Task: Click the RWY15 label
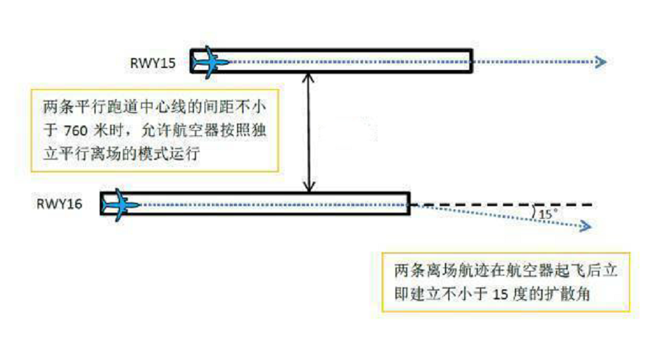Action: pyautogui.click(x=152, y=63)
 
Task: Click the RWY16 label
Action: pyautogui.click(x=60, y=204)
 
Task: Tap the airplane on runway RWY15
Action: pyautogui.click(x=211, y=62)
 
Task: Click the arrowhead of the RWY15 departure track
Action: pyautogui.click(x=600, y=62)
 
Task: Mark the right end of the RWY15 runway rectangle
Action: pyautogui.click(x=471, y=61)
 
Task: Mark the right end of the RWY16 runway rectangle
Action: pyautogui.click(x=409, y=203)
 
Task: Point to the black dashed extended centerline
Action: pyautogui.click(x=502, y=205)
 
